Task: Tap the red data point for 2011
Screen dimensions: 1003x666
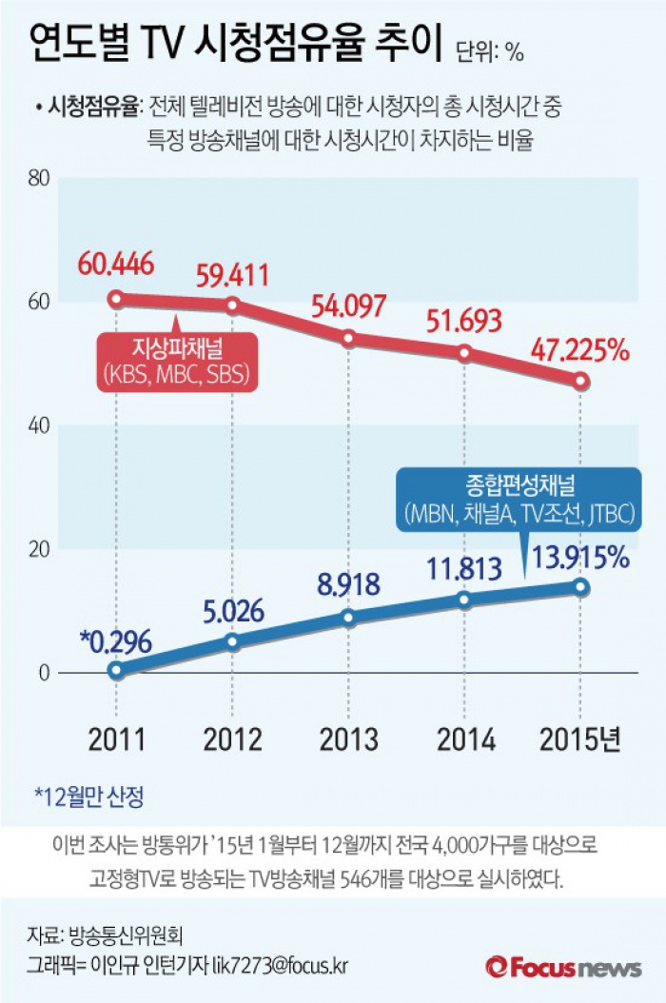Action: click(x=116, y=299)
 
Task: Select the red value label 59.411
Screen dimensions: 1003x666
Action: click(x=232, y=276)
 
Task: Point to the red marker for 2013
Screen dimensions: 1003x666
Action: click(x=348, y=338)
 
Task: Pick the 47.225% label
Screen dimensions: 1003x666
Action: click(x=580, y=350)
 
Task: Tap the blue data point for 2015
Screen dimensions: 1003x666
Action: click(x=580, y=587)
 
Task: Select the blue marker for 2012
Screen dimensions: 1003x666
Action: click(x=232, y=641)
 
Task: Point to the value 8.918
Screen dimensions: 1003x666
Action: click(x=348, y=583)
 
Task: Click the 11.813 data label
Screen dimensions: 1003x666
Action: click(x=464, y=569)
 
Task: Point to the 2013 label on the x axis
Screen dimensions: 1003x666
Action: click(x=348, y=739)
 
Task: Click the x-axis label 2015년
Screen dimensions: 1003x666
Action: click(x=579, y=739)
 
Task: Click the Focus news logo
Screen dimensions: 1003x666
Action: click(x=563, y=967)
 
